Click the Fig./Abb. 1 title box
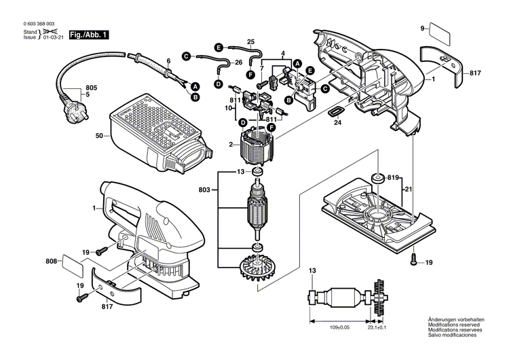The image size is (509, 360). click(89, 34)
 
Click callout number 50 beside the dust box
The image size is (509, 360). click(99, 137)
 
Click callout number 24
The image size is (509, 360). click(337, 124)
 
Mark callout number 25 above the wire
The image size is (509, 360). click(250, 42)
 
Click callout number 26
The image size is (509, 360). click(238, 62)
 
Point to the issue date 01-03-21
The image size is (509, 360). click(54, 37)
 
